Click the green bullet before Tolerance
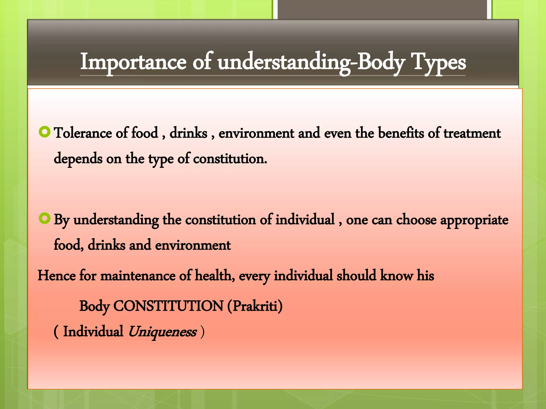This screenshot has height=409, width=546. pos(44,132)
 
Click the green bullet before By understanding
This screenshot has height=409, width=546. pos(44,219)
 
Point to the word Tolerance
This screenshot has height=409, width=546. pos(83,133)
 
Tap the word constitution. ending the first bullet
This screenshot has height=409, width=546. pos(230,159)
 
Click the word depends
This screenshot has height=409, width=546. pos(78,159)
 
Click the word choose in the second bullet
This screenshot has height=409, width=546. pos(416,220)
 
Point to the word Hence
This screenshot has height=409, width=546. pos(57,275)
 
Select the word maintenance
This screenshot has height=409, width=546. pos(138,275)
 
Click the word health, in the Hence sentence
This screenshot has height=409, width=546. pos(215,275)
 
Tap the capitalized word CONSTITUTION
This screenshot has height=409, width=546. pos(168,306)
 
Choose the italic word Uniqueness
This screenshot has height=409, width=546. pos(162,332)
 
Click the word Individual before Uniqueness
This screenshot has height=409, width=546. pos(93,332)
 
